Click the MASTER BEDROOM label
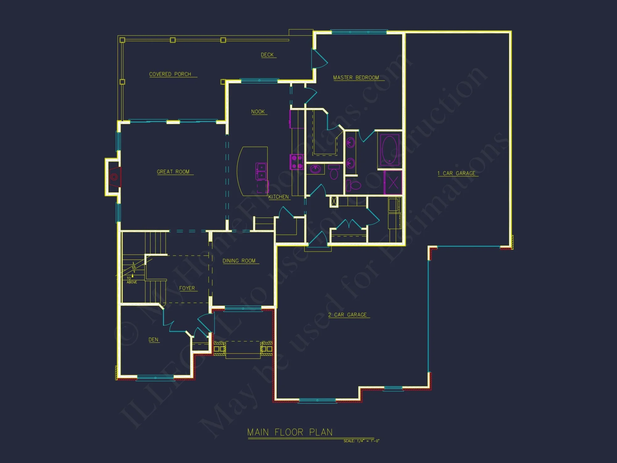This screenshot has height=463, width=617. pyautogui.click(x=356, y=77)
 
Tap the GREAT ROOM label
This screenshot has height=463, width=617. pyautogui.click(x=173, y=172)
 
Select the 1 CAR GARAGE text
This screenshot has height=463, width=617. pyautogui.click(x=456, y=173)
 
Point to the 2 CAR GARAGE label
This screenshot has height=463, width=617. pyautogui.click(x=347, y=315)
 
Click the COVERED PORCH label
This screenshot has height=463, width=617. pyautogui.click(x=170, y=74)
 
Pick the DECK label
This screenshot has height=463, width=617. pyautogui.click(x=267, y=55)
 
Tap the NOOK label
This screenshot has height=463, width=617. pyautogui.click(x=258, y=111)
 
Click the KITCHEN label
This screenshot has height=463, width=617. pyautogui.click(x=278, y=197)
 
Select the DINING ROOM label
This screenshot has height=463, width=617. pyautogui.click(x=239, y=261)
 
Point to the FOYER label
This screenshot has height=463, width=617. pyautogui.click(x=187, y=288)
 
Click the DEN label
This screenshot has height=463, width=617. pyautogui.click(x=153, y=340)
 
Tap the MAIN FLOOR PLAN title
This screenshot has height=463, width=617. pyautogui.click(x=290, y=432)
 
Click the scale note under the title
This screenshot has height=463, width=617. pyautogui.click(x=361, y=441)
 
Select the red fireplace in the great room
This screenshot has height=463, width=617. pyautogui.click(x=115, y=177)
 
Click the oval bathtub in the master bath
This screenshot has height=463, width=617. pyautogui.click(x=389, y=149)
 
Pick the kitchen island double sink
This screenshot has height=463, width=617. pyautogui.click(x=261, y=171)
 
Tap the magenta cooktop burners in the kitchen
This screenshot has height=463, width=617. pyautogui.click(x=297, y=162)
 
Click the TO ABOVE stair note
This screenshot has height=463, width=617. pyautogui.click(x=131, y=280)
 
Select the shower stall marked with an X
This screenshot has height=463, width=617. pyautogui.click(x=393, y=182)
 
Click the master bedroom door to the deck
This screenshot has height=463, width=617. pyautogui.click(x=319, y=59)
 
